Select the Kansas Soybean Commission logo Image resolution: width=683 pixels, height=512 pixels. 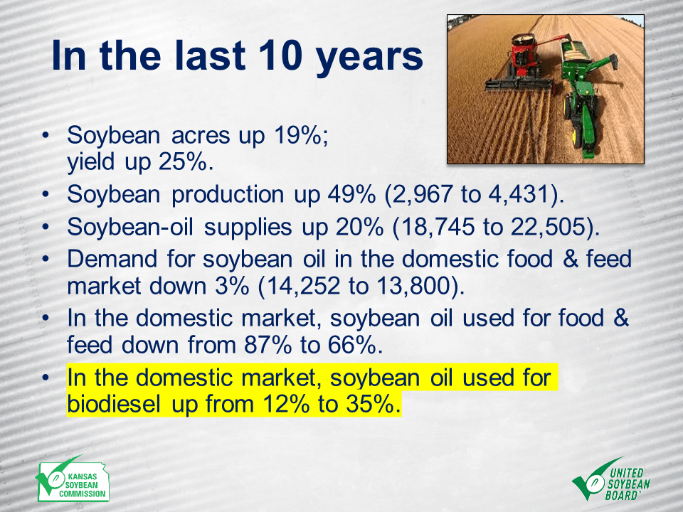[72, 480]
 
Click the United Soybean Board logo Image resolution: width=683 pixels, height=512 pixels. [611, 479]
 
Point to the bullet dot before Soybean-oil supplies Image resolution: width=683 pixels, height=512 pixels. [46, 228]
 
